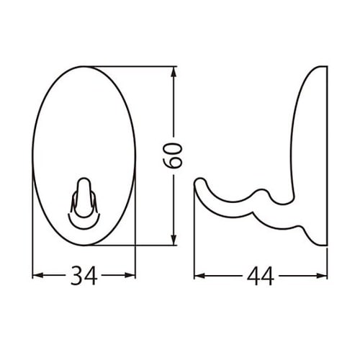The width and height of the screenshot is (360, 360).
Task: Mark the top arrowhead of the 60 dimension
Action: point(174,72)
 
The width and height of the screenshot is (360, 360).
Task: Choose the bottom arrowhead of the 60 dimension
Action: point(174,242)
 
